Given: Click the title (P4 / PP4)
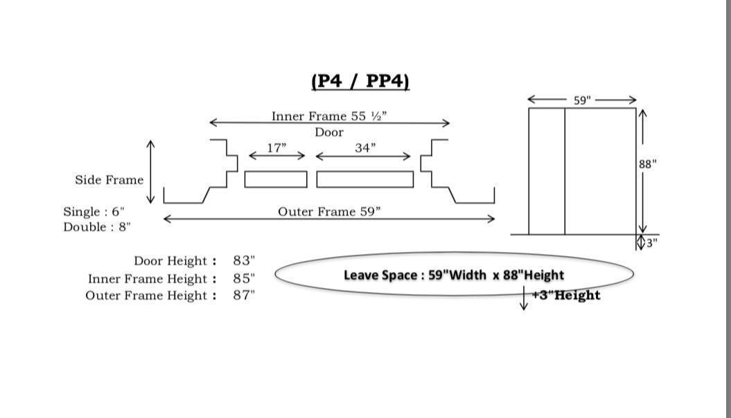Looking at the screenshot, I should pos(360,81).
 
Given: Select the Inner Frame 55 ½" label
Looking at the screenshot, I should pos(329,116).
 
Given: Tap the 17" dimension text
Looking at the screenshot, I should pos(276,147).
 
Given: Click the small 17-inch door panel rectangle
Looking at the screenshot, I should pos(276,179).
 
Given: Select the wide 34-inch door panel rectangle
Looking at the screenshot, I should pos(365,179).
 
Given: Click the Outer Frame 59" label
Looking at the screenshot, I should pos(329,212).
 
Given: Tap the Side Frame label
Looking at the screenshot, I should pos(109,180).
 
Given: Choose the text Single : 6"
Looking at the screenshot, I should pos(94,212).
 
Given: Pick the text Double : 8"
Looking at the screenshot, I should pos(97,227).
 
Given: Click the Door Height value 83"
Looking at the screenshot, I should pos(244,261).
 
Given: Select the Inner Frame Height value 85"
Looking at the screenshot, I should pos(244,279).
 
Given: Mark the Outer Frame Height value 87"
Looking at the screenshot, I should pos(244,296).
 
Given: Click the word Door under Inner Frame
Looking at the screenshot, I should pos(329,132).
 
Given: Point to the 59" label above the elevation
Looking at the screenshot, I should pos(583,100).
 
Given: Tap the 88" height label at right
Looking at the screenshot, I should pos(648,164).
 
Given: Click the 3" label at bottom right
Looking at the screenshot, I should pos(651,243).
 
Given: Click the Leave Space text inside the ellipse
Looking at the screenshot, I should pos(454,275).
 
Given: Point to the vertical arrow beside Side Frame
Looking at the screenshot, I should pos(151,172).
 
